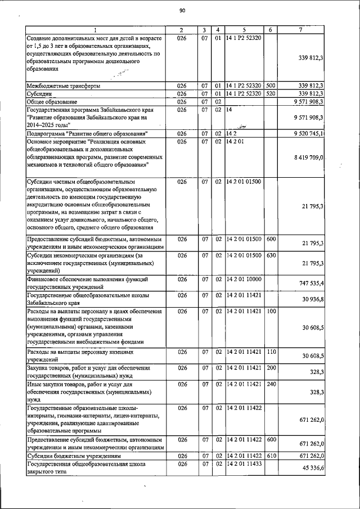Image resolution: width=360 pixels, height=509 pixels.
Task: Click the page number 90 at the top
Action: tap(182, 11)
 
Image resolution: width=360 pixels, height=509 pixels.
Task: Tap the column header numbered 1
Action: tap(96, 29)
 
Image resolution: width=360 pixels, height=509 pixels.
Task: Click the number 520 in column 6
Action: tap(270, 93)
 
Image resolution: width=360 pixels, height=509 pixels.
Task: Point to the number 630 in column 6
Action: tap(270, 255)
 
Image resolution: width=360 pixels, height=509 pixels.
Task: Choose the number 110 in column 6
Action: tap(270, 352)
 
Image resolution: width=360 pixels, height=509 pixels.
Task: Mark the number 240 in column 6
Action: tap(270, 384)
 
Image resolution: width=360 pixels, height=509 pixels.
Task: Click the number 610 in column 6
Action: tap(270, 456)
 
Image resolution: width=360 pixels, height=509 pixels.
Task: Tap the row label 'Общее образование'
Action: tap(52, 101)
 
